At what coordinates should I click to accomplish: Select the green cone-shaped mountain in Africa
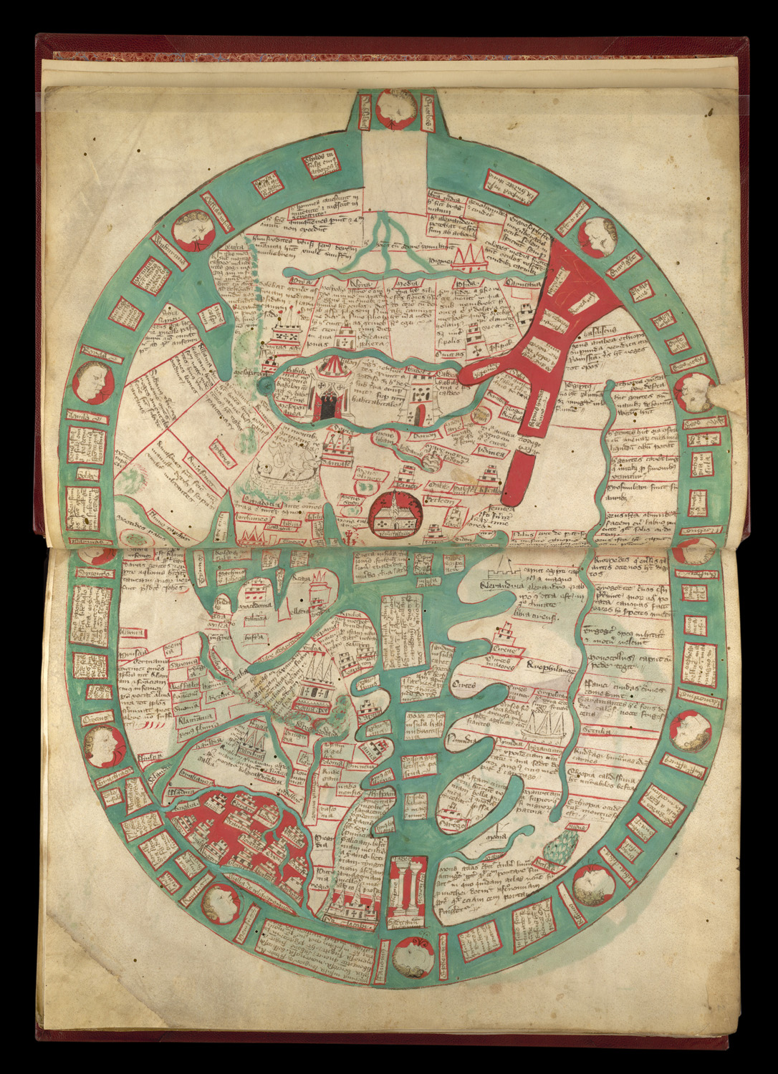click(x=558, y=848)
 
